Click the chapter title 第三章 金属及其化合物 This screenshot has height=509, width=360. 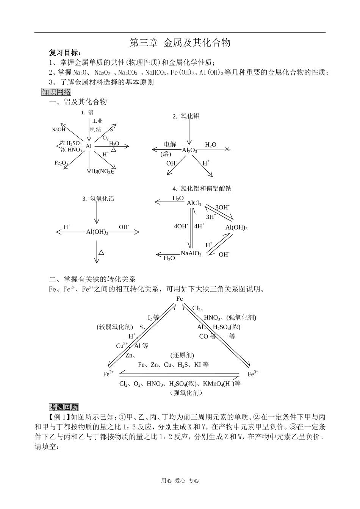pos(180,43)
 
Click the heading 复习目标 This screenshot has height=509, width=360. pos(65,53)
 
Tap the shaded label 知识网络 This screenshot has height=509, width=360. pos(56,92)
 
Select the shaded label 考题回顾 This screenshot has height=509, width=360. pos(64,407)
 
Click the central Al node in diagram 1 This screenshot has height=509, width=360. pos(89,146)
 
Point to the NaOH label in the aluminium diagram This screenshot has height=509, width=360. pos(58,130)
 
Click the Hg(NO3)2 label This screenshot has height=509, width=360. pos(102,171)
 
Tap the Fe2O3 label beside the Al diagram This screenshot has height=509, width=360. pos(61,163)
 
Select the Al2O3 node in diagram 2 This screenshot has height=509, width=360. pos(189,150)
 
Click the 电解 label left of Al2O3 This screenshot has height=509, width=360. pos(170,144)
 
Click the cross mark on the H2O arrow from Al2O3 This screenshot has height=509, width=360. pos(227,150)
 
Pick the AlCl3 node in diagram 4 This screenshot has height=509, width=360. pos(194,203)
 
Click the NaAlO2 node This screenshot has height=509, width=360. pos(191,253)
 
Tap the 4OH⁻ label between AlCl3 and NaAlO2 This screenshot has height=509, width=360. pos(181,226)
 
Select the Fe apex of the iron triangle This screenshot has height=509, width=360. pos(180,299)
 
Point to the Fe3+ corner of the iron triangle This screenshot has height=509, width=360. pos(253,374)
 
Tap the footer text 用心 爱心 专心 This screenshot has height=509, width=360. pos(180,481)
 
